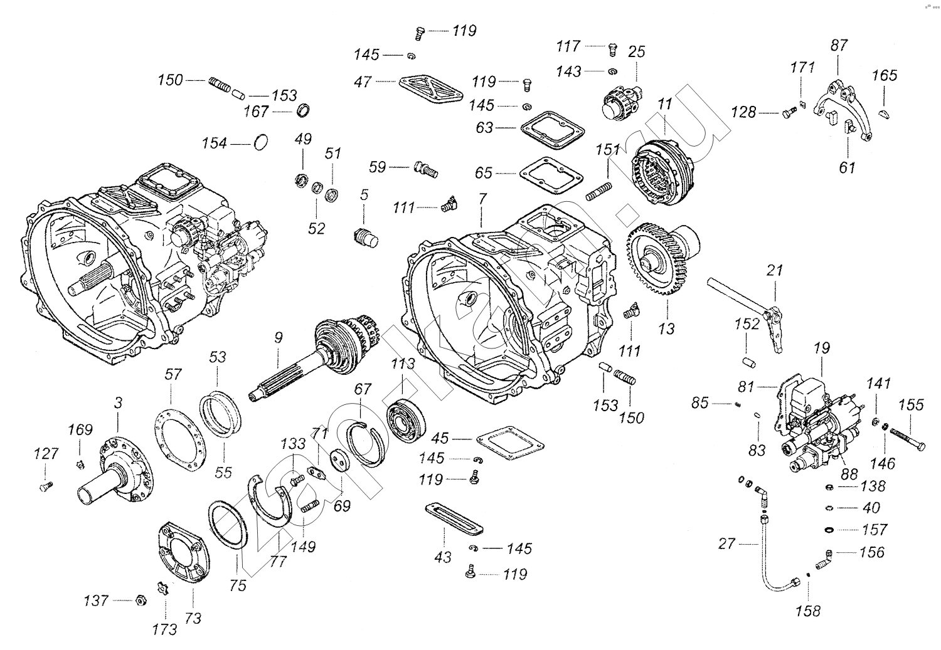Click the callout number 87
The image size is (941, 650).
coord(839,45)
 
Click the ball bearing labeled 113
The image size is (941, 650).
coord(407,421)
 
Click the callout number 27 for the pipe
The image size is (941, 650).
coord(726,543)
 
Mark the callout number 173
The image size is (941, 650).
coord(164,629)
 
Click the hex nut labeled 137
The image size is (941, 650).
coord(141,600)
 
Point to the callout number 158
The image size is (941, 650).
coord(808,610)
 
